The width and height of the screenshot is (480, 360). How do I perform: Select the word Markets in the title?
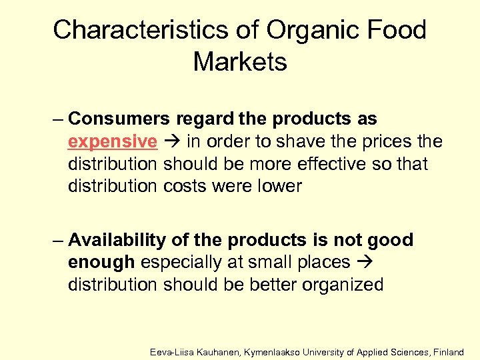[240, 62]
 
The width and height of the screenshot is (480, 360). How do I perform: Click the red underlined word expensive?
[113, 142]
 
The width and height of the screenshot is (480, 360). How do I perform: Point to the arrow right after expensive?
[172, 142]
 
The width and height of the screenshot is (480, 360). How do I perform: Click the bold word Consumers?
[119, 119]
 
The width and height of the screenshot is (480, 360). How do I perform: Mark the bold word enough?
[101, 263]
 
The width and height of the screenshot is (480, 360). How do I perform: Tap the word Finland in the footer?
[449, 351]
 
